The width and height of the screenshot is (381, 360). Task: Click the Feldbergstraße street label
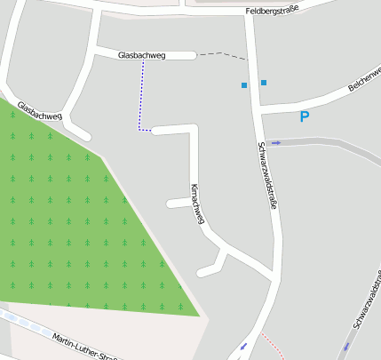[x=272, y=11]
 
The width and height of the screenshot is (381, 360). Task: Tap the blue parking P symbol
[x=304, y=116]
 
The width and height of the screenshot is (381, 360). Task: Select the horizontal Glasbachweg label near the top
[x=141, y=55]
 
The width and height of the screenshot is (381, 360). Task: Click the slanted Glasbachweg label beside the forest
[x=40, y=110]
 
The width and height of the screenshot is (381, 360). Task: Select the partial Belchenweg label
[x=365, y=82]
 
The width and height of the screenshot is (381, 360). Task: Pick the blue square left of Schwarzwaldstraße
[x=244, y=85]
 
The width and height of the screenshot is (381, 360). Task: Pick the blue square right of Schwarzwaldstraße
[x=264, y=83]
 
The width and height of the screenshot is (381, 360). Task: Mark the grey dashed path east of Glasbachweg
[x=221, y=55]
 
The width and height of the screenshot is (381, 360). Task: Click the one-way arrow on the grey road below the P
[x=275, y=142]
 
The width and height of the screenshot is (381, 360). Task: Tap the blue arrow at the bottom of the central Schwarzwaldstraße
[x=243, y=346]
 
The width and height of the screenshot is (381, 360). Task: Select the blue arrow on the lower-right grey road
[x=346, y=347]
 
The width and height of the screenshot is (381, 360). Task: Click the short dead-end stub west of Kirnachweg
[x=176, y=204]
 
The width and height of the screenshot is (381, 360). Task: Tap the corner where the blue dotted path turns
[x=140, y=130]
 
